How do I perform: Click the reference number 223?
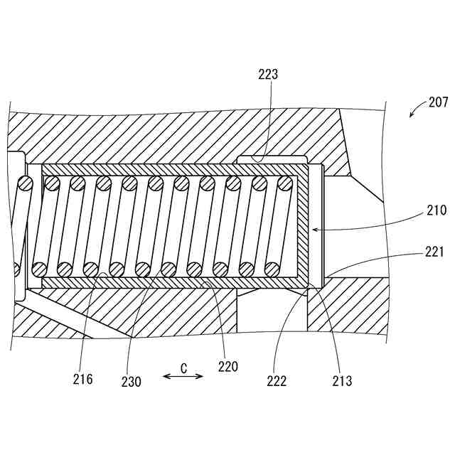pyautogui.click(x=269, y=73)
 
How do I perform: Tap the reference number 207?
pyautogui.click(x=438, y=102)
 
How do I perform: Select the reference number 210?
pyautogui.click(x=437, y=210)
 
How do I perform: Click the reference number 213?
pyautogui.click(x=341, y=381)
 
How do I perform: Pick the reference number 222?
pyautogui.click(x=277, y=381)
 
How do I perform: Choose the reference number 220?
pyautogui.click(x=228, y=367)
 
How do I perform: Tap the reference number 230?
pyautogui.click(x=131, y=382)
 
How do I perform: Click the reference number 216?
pyautogui.click(x=82, y=379)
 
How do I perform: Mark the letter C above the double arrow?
pyautogui.click(x=183, y=368)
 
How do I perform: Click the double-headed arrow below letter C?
pyautogui.click(x=183, y=378)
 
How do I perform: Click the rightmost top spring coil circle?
pyautogui.click(x=284, y=183)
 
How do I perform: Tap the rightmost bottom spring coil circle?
pyautogui.click(x=272, y=269)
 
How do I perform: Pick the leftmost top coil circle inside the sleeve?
pyautogui.click(x=52, y=183)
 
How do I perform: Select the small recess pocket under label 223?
pyautogui.click(x=270, y=158)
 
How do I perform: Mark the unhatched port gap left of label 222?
pyautogui.click(x=271, y=309)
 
